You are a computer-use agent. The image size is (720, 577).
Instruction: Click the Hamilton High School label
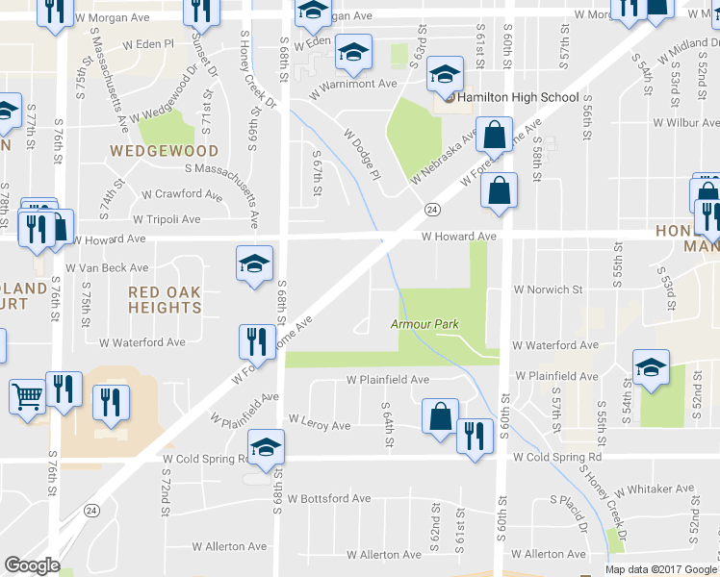pos(518,97)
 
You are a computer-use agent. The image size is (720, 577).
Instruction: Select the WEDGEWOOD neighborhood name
pos(164,151)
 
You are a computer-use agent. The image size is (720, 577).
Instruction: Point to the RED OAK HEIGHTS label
pos(164,298)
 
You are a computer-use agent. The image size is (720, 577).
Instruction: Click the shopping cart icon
pos(27,394)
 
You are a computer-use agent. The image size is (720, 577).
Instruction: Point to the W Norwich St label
pos(548,288)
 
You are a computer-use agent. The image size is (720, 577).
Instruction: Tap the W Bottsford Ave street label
pos(328,499)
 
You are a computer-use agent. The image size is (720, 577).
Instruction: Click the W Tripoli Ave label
pos(167,219)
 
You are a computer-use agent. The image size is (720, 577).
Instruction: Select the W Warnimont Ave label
pos(353,84)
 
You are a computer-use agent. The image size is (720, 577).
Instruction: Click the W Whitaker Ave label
pos(655,489)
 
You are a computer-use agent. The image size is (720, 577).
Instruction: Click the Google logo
pos(32,565)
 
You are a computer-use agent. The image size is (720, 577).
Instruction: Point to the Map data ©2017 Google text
pos(660,569)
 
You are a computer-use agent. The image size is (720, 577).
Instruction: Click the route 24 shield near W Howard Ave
pos(432,209)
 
